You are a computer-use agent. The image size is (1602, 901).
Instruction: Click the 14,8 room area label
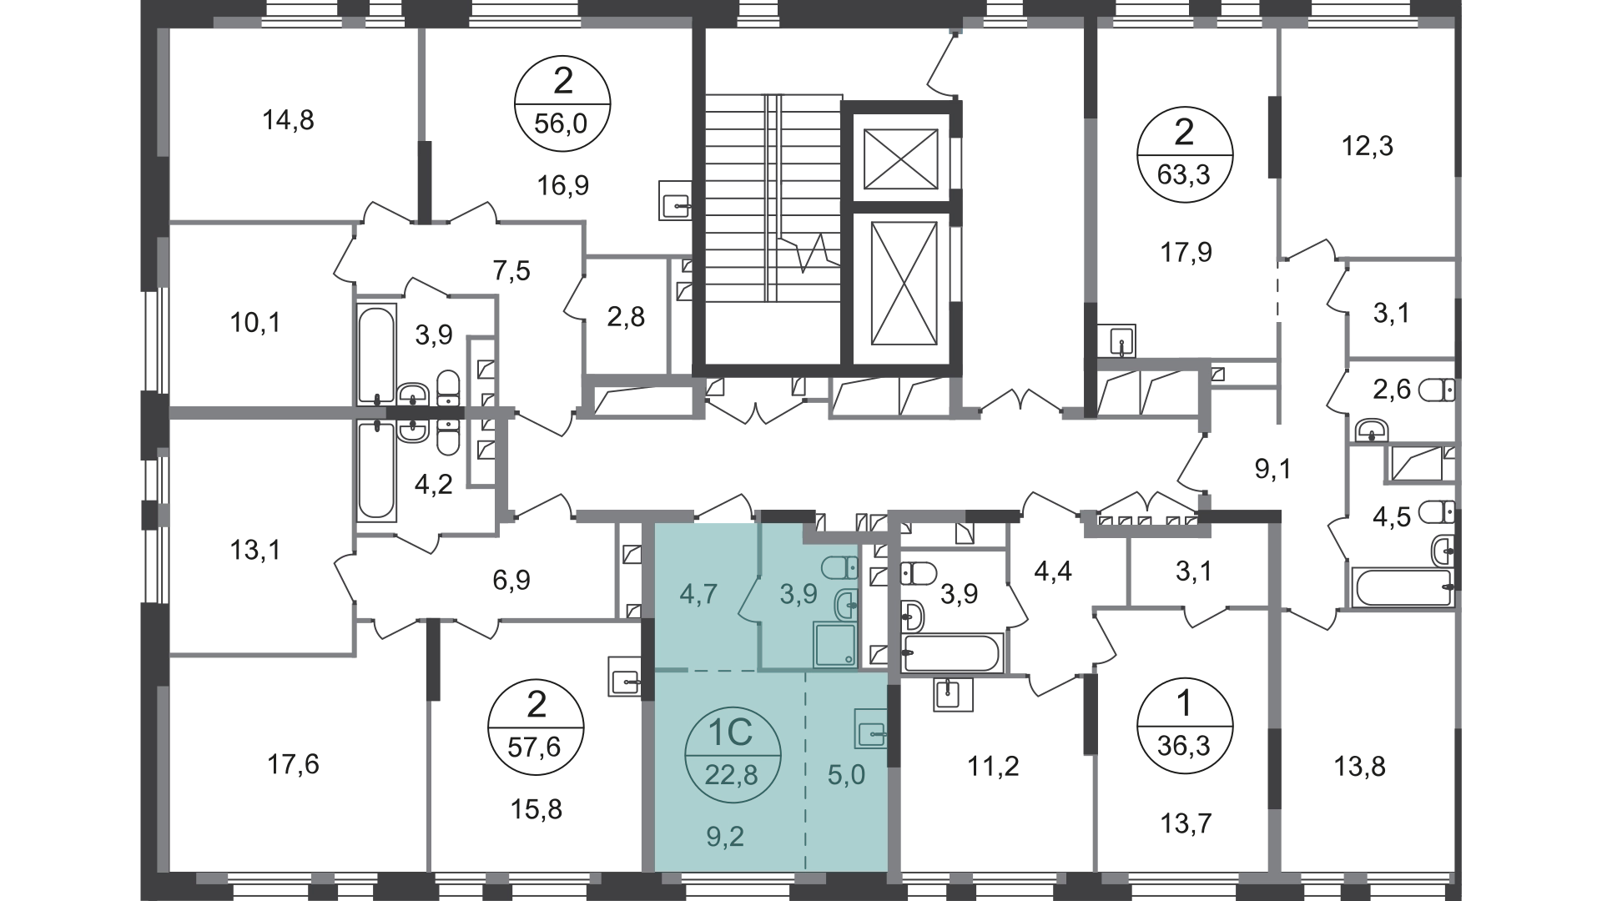click(x=288, y=121)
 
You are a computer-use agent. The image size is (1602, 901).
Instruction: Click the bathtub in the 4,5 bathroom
click(x=1403, y=587)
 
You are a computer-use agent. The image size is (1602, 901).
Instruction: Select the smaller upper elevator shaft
click(x=900, y=159)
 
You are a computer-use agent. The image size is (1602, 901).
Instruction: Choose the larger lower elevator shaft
click(x=900, y=284)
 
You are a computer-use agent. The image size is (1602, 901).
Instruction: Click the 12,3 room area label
click(x=1368, y=147)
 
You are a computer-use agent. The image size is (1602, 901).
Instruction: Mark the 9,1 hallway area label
click(x=1273, y=470)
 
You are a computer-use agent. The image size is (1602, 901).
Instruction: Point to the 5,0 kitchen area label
click(x=847, y=775)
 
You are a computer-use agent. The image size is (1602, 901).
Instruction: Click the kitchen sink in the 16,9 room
click(x=675, y=201)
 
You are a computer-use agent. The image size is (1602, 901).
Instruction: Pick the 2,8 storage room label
click(x=626, y=317)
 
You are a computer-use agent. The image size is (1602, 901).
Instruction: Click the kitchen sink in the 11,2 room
click(x=954, y=694)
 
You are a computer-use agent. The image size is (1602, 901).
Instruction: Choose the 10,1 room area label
click(x=255, y=322)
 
